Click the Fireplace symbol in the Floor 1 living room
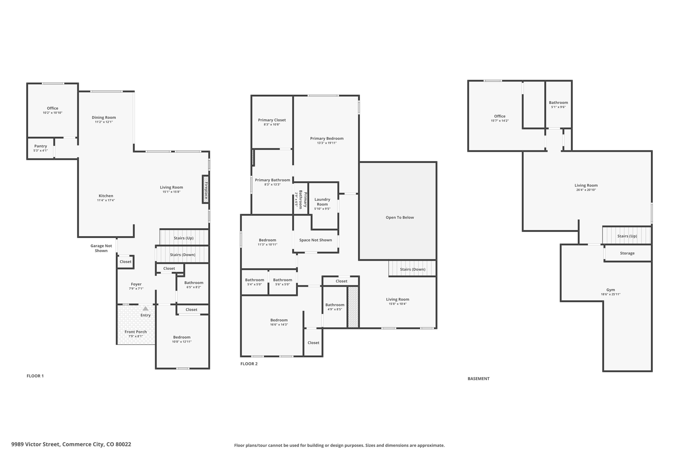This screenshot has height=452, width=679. (x=206, y=190)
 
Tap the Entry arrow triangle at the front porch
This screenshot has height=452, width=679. (x=146, y=309)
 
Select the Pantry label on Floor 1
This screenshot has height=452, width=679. (x=40, y=146)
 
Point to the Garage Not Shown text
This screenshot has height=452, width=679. (x=101, y=248)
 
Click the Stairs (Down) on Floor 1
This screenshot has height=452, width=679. (x=182, y=255)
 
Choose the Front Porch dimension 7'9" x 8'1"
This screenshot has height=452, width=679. (x=136, y=336)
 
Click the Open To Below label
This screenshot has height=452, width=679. (x=400, y=218)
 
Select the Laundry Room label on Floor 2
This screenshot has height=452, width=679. (x=322, y=202)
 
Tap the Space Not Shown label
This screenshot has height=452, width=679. (x=315, y=240)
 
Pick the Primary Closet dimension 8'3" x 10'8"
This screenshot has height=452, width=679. (x=272, y=125)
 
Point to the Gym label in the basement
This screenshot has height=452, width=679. (x=610, y=290)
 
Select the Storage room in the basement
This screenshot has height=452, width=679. (x=627, y=253)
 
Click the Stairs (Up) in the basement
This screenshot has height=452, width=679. (x=627, y=236)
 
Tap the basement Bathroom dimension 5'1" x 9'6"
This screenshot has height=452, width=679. (x=558, y=107)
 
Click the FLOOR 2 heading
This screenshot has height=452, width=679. (x=249, y=364)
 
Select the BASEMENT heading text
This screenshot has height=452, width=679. (x=478, y=378)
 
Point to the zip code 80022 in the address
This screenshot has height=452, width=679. (x=123, y=444)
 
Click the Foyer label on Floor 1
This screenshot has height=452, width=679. (x=136, y=284)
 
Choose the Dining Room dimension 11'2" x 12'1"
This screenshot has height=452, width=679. (x=104, y=122)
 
